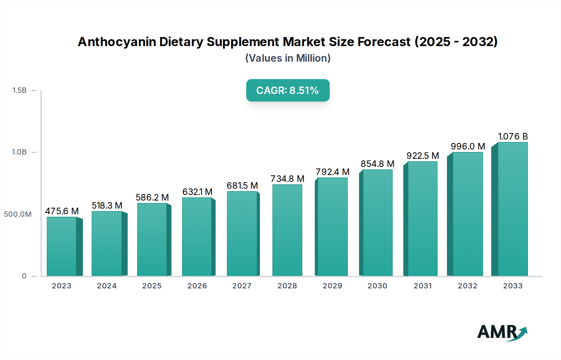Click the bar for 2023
pyautogui.click(x=62, y=246)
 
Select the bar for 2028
pyautogui.click(x=287, y=230)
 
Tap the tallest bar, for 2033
pyautogui.click(x=512, y=209)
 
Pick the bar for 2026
pyautogui.click(x=197, y=237)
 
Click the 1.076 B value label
pyautogui.click(x=513, y=136)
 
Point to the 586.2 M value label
pyautogui.click(x=152, y=197)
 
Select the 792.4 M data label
pyautogui.click(x=333, y=172)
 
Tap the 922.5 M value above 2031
pyautogui.click(x=423, y=156)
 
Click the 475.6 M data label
pyautogui.click(x=62, y=211)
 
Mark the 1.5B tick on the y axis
pyautogui.click(x=19, y=90)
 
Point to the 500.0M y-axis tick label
pyautogui.click(x=18, y=214)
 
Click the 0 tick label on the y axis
pyautogui.click(x=24, y=276)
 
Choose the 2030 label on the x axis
pyautogui.click(x=377, y=286)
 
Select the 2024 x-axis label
pyautogui.click(x=107, y=286)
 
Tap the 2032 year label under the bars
pyautogui.click(x=467, y=286)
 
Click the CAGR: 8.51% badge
pyautogui.click(x=288, y=90)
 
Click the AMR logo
pyautogui.click(x=502, y=332)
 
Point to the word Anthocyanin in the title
pyautogui.click(x=117, y=42)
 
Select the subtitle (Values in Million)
pyautogui.click(x=288, y=58)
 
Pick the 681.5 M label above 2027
pyautogui.click(x=242, y=186)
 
